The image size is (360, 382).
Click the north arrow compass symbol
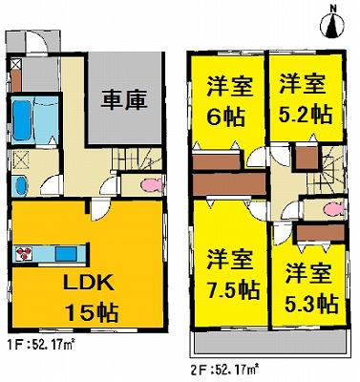coord(332,21)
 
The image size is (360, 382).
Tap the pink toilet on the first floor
coord(151,186)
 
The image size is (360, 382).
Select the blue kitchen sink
coord(66,254)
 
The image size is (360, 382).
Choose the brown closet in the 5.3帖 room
coord(312,231)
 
